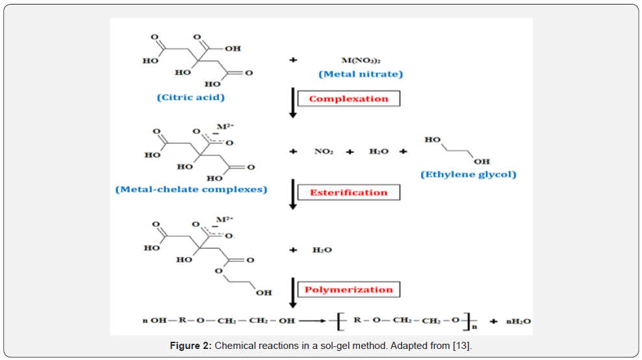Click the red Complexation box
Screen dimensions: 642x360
click(349, 99)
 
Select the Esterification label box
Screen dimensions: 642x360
click(349, 192)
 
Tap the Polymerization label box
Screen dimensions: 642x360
click(349, 290)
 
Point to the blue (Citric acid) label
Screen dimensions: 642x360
click(191, 97)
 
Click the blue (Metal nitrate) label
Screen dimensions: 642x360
click(361, 74)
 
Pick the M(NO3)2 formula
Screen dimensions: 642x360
click(361, 60)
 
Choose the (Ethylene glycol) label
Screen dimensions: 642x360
click(469, 174)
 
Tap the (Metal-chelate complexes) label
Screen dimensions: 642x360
click(191, 190)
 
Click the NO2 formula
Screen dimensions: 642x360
click(324, 151)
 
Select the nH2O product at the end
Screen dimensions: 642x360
click(519, 322)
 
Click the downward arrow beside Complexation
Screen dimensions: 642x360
click(293, 103)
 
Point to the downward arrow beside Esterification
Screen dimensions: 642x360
click(293, 194)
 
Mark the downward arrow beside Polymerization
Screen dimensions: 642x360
click(293, 293)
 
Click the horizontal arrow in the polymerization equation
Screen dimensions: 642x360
click(313, 320)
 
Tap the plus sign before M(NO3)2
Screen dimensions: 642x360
click(293, 60)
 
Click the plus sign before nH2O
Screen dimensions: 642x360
click(494, 322)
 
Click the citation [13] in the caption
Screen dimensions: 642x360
click(462, 346)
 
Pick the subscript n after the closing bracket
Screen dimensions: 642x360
click(474, 327)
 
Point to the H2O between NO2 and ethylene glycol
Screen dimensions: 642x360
click(379, 151)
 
